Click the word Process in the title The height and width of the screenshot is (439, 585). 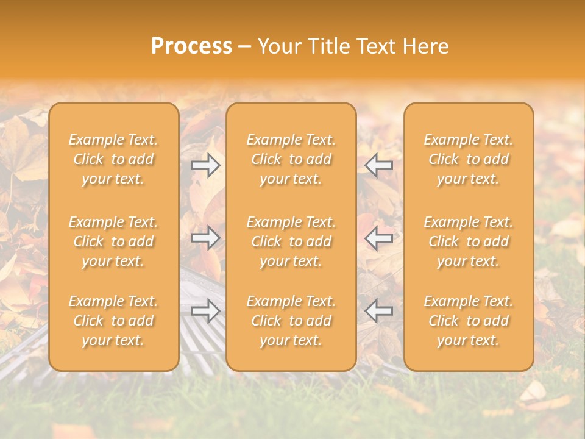click(191, 46)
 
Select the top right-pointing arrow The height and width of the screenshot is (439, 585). click(206, 165)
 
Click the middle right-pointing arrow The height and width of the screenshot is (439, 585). click(206, 238)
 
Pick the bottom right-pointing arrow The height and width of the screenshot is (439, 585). click(206, 310)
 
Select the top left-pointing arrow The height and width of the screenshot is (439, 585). click(379, 165)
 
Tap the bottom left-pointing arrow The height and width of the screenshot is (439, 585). click(379, 310)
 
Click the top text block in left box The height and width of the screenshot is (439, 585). click(113, 159)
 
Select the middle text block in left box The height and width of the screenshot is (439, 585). click(113, 241)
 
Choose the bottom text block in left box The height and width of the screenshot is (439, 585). click(113, 321)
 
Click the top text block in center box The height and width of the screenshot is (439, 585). click(291, 159)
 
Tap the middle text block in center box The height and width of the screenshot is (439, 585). click(291, 241)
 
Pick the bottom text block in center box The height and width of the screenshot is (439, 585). click(291, 321)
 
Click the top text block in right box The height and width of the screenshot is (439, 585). click(469, 159)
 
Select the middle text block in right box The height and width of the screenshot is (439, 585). click(469, 241)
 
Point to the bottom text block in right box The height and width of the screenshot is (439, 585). click(469, 321)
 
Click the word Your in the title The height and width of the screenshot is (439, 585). click(279, 46)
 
